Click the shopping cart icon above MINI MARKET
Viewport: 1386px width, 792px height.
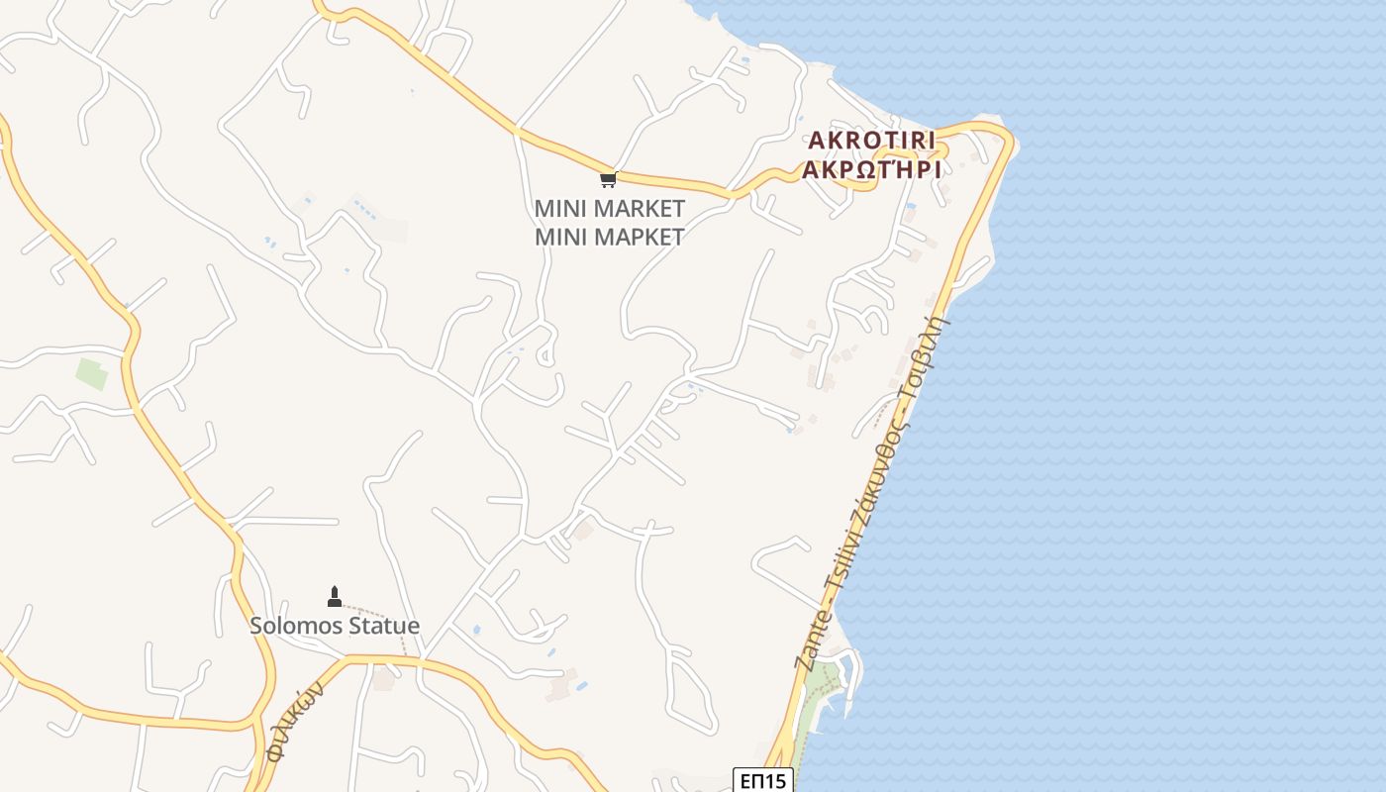click(x=608, y=179)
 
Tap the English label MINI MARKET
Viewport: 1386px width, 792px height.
click(x=609, y=209)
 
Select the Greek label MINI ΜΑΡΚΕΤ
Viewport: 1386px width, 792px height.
click(x=609, y=237)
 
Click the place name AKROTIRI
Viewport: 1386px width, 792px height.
click(x=871, y=140)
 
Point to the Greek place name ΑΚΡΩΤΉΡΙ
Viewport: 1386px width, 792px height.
click(x=871, y=168)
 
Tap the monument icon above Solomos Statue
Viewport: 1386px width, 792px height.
click(x=335, y=596)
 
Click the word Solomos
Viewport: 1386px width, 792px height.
click(x=294, y=626)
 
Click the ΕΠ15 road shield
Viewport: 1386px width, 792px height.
click(x=763, y=781)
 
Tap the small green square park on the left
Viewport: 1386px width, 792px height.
click(x=91, y=374)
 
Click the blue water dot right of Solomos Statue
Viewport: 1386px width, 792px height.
click(x=476, y=630)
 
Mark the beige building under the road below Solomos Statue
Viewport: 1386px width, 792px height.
click(x=383, y=680)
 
